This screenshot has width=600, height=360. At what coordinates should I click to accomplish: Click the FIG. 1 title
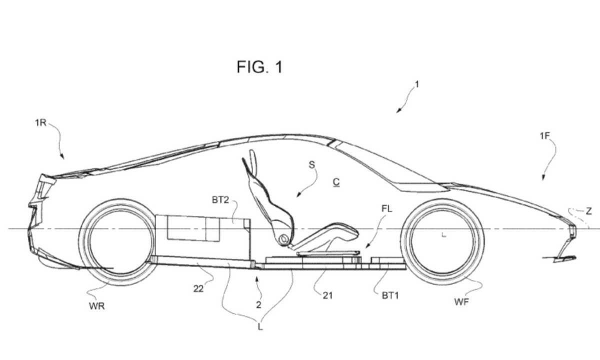(x=259, y=66)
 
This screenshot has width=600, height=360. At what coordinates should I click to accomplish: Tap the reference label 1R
(x=40, y=122)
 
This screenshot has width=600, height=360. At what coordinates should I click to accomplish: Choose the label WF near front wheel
(x=461, y=301)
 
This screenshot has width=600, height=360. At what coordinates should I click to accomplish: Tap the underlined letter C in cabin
(x=336, y=182)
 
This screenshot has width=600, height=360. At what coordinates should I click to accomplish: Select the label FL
(x=386, y=209)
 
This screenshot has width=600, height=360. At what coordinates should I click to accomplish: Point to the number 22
(x=198, y=288)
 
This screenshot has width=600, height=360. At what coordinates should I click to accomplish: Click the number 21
(x=327, y=295)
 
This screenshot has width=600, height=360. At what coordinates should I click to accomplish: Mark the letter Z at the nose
(x=588, y=211)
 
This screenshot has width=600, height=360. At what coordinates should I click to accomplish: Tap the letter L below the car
(x=260, y=327)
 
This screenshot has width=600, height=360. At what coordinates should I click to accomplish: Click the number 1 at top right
(x=417, y=84)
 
